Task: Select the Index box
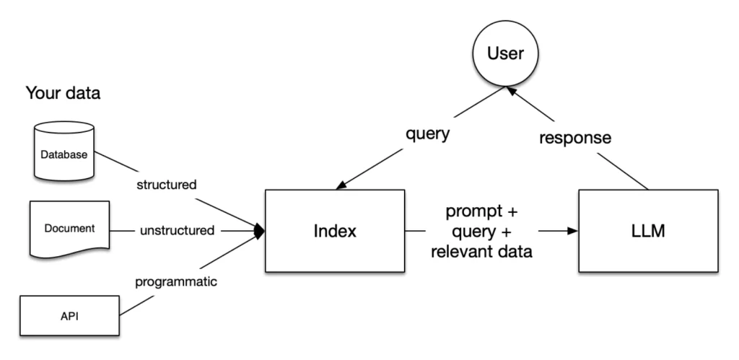coord(334,231)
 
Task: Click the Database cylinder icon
coord(64,153)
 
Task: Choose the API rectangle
coord(69,315)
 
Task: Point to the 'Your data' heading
coord(64,94)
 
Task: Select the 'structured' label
coord(166,184)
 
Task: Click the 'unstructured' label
coord(177,231)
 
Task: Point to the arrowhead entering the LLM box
coord(572,231)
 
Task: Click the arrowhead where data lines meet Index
coord(261,231)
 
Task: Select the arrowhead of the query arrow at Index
coord(340,187)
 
